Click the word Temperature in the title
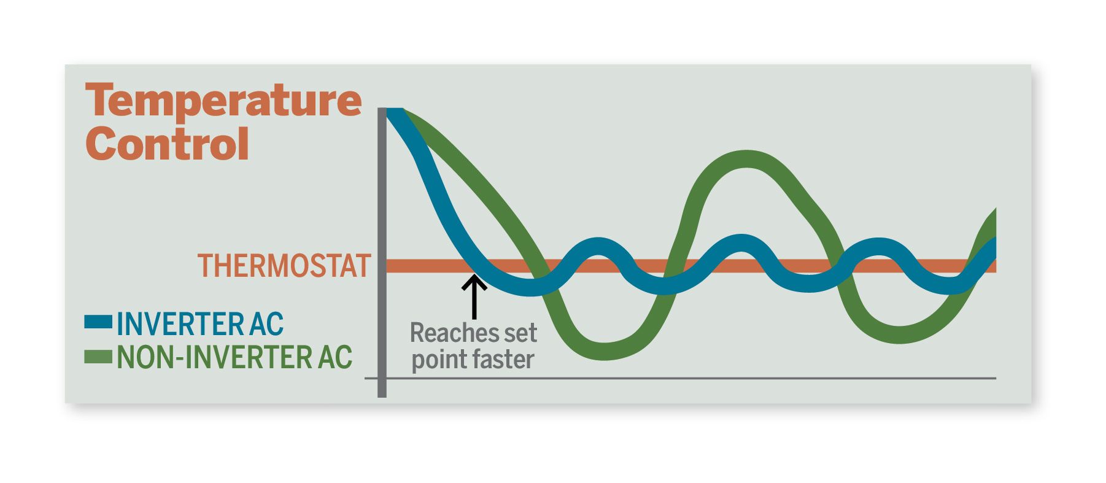click(224, 102)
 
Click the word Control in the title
click(168, 144)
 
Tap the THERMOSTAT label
click(284, 266)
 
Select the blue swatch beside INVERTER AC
click(98, 322)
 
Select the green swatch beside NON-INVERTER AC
click(98, 357)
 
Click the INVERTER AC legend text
click(200, 324)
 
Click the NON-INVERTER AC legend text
click(234, 358)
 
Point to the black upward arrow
click(473, 297)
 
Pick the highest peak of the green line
click(746, 159)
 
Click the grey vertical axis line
click(382, 252)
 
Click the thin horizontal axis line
click(681, 378)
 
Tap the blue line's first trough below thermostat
click(530, 287)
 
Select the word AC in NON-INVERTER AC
click(335, 358)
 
